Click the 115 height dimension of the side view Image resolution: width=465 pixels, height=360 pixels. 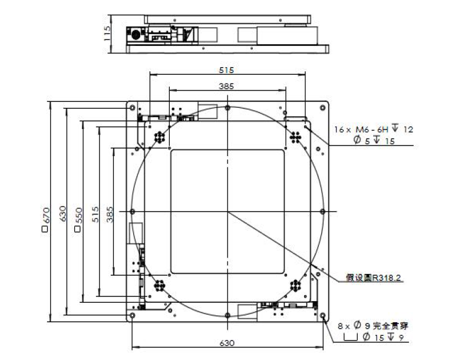pyautogui.click(x=107, y=33)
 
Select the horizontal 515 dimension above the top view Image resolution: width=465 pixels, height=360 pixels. pyautogui.click(x=226, y=70)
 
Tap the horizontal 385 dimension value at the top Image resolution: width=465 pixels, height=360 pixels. pyautogui.click(x=226, y=86)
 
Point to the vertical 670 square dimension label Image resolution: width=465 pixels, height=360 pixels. pyautogui.click(x=46, y=219)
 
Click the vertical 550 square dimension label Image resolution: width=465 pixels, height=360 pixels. pyautogui.click(x=78, y=219)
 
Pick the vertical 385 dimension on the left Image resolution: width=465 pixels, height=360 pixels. pyautogui.click(x=110, y=214)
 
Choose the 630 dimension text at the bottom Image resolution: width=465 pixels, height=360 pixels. pyautogui.click(x=227, y=343)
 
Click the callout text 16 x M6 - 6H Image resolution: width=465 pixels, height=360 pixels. pyautogui.click(x=361, y=130)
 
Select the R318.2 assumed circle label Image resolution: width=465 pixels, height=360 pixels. pyautogui.click(x=374, y=278)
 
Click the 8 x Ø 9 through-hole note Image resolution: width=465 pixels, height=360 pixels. pyautogui.click(x=373, y=326)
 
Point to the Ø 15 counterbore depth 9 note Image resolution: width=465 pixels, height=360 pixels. pyautogui.click(x=374, y=337)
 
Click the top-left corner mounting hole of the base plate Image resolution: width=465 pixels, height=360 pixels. pyautogui.click(x=132, y=108)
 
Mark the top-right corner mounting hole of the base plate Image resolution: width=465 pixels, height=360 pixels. pyautogui.click(x=322, y=108)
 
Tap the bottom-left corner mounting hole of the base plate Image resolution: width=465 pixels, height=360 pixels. pyautogui.click(x=132, y=315)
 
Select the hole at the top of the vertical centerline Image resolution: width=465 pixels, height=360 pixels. pyautogui.click(x=227, y=108)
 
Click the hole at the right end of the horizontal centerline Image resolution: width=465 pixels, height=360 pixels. pyautogui.click(x=322, y=212)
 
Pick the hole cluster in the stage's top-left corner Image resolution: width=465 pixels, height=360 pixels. pyautogui.click(x=160, y=137)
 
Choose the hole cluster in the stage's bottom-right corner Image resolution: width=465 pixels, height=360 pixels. pyautogui.click(x=295, y=286)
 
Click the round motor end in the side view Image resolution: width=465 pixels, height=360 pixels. pyautogui.click(x=136, y=35)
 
